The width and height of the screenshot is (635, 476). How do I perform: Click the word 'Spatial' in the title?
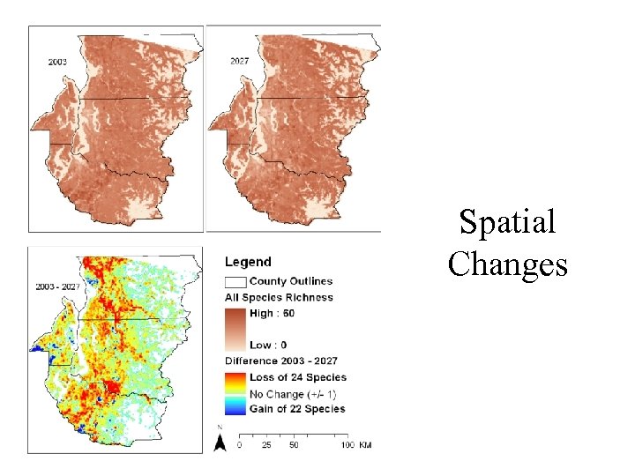[x=507, y=222]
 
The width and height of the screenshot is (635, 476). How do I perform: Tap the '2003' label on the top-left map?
[x=57, y=63]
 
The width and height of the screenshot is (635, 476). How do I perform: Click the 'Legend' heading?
[x=248, y=262]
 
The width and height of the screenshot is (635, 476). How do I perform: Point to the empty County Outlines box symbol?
[x=235, y=281]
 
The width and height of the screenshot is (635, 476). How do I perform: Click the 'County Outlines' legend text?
[x=290, y=281]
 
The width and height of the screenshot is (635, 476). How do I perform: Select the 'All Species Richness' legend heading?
[x=279, y=298]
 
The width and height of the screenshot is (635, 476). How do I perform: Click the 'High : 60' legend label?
[x=275, y=314]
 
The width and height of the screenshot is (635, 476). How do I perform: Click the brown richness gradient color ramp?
[x=235, y=330]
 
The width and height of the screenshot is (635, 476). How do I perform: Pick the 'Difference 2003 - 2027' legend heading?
[x=280, y=361]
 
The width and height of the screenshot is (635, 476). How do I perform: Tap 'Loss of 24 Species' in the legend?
[x=298, y=377]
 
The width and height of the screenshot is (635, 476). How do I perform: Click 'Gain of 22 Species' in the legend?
[x=298, y=409]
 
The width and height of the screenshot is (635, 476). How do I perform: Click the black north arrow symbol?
[x=220, y=441]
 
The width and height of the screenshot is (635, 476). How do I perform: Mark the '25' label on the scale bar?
[x=265, y=445]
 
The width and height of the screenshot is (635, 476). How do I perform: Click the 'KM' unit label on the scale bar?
[x=364, y=445]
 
